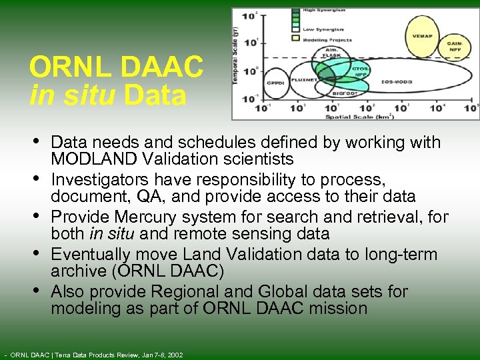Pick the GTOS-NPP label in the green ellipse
(361, 71)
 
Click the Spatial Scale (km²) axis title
(359, 116)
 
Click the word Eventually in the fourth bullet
(86, 255)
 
